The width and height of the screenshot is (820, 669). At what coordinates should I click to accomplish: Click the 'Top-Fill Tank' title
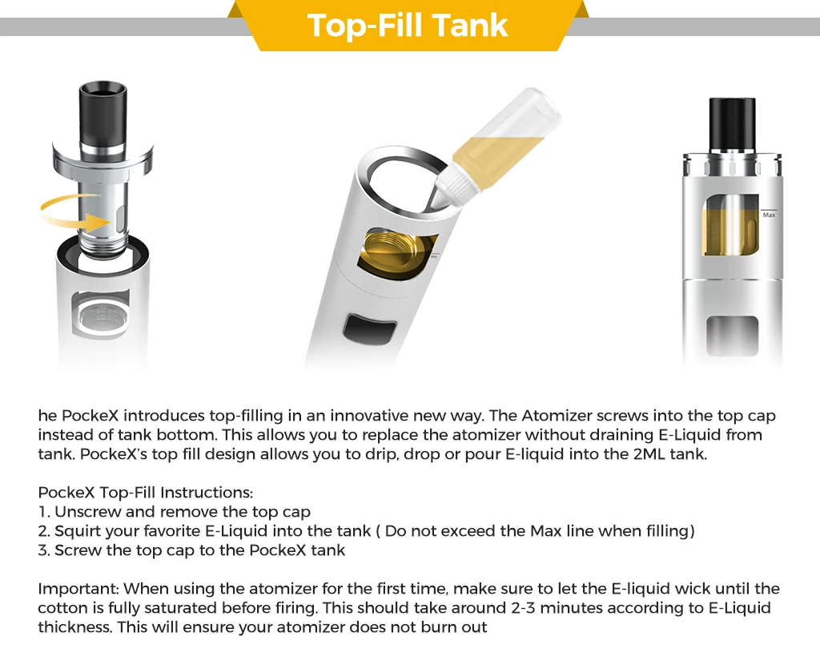point(408,25)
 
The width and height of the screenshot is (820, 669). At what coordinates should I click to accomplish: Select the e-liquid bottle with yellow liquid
point(496,147)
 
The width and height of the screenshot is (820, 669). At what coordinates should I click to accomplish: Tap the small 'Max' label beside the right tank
point(769,215)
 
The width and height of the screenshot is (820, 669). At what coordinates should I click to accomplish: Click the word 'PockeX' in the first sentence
point(90,416)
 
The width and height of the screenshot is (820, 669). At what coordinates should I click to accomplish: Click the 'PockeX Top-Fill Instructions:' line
point(146,493)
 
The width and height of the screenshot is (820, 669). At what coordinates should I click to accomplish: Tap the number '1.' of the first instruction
point(44,512)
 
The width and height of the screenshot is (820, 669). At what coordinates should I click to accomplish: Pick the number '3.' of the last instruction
point(44,550)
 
